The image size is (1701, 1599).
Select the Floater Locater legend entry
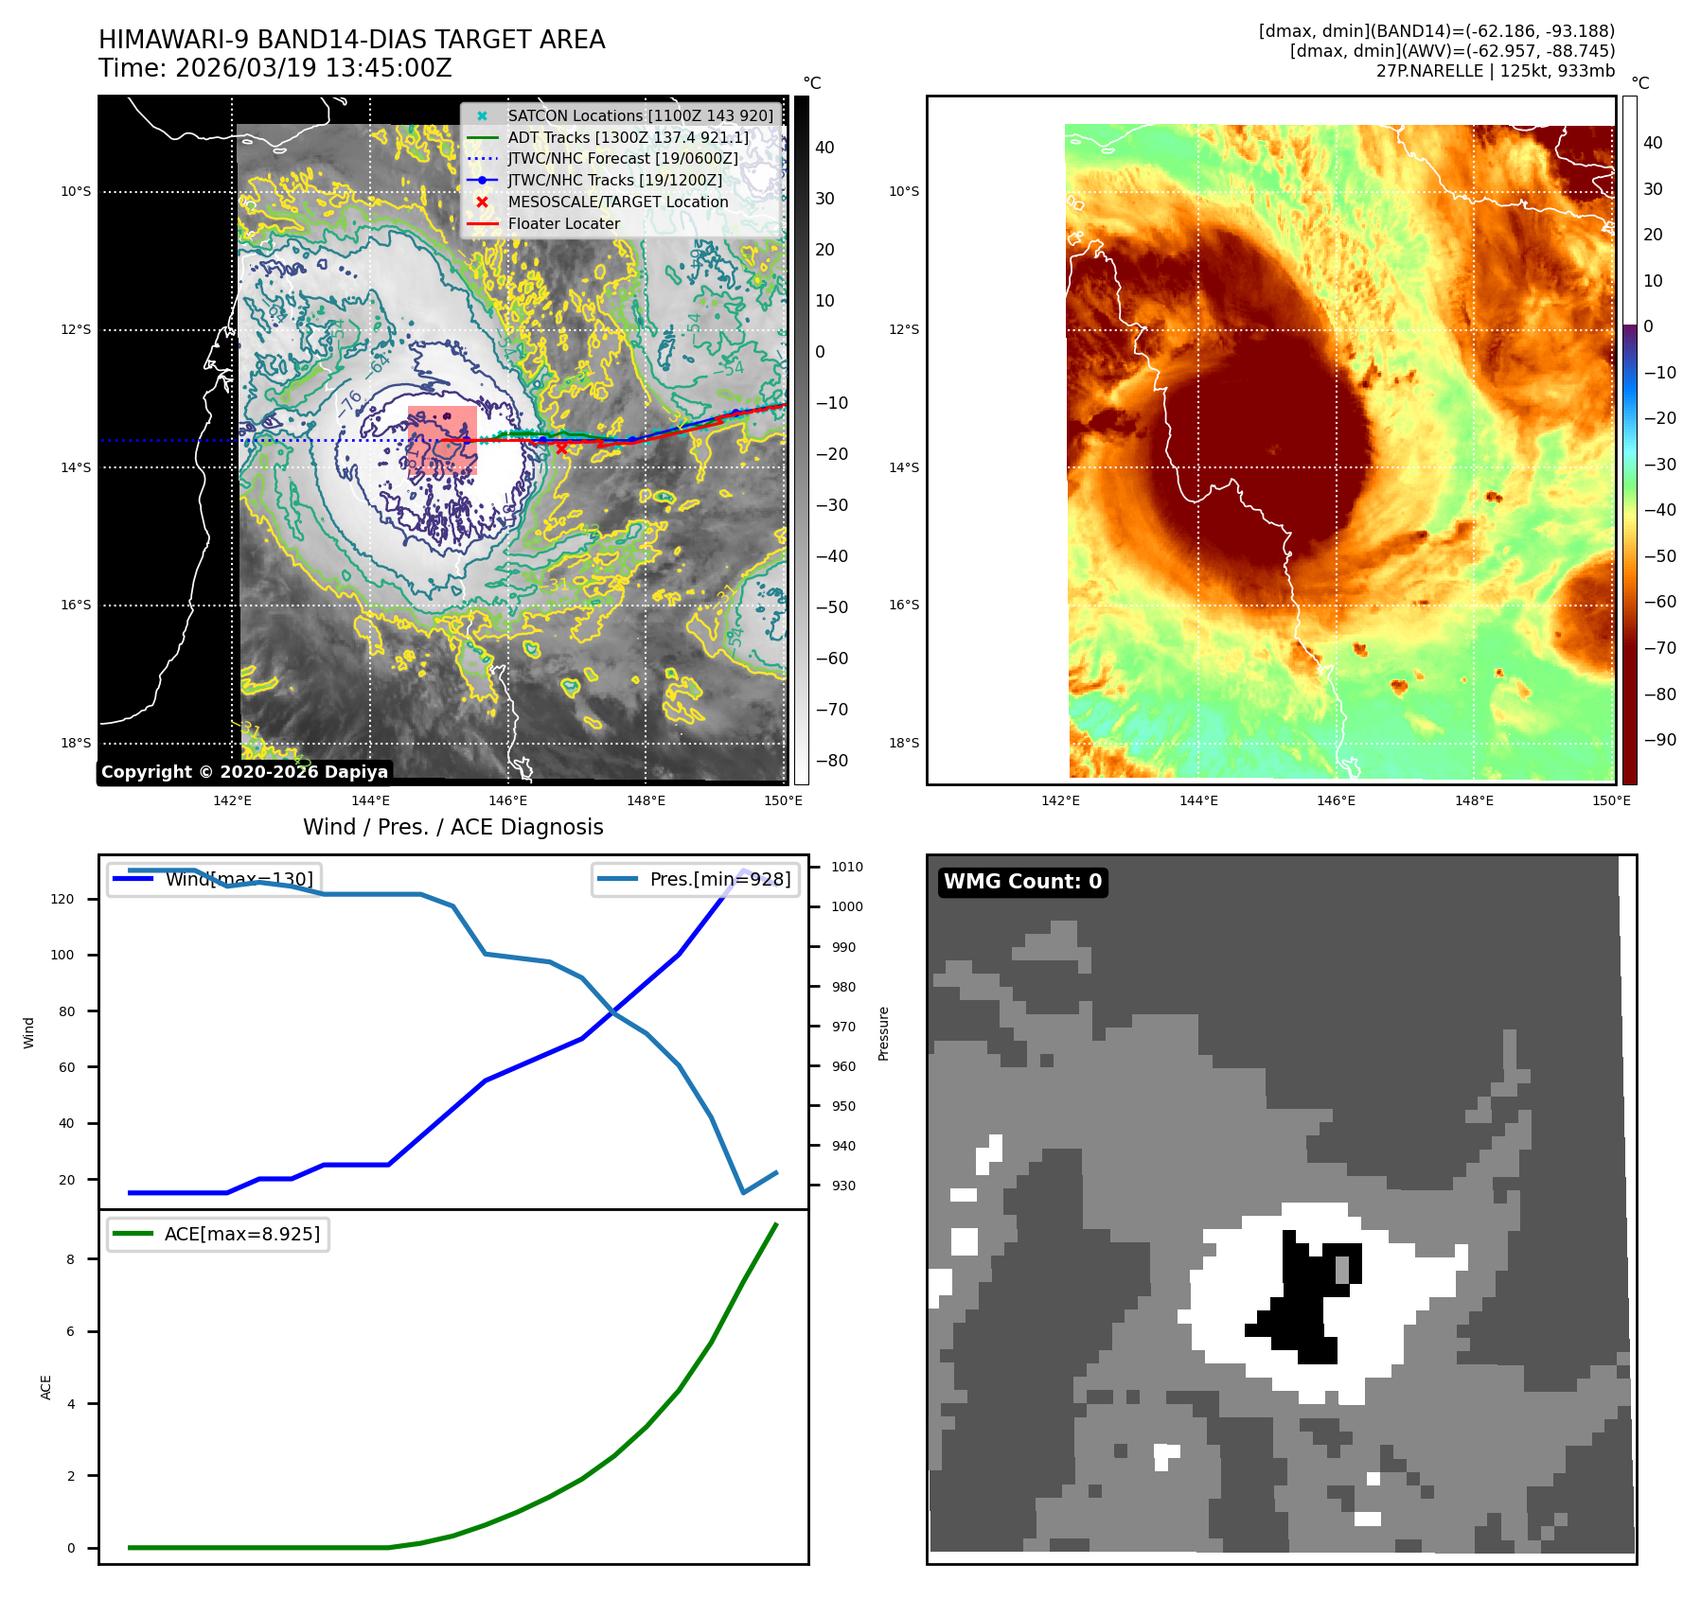tap(563, 223)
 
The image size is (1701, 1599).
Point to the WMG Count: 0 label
tap(1022, 882)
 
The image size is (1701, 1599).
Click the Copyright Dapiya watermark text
tap(244, 772)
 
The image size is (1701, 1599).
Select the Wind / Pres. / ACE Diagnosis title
tap(452, 827)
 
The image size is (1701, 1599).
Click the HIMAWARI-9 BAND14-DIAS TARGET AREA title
tap(351, 40)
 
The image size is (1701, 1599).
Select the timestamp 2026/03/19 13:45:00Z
tap(313, 68)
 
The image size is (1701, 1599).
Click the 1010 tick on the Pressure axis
tap(846, 867)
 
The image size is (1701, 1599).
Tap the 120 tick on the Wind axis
tap(62, 899)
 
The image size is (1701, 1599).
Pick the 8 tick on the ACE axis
tap(70, 1259)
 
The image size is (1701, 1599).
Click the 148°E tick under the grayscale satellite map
tap(646, 800)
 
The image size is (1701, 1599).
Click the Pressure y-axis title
tap(883, 1033)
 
